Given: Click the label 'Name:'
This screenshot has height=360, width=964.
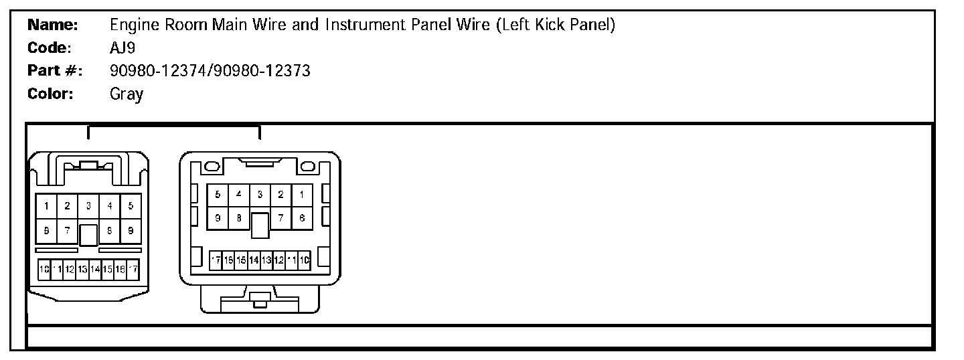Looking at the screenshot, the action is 53,25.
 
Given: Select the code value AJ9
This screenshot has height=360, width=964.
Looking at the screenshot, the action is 123,48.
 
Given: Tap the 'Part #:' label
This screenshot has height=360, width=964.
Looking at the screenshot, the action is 55,71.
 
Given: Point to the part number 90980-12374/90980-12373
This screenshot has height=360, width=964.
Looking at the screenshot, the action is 210,71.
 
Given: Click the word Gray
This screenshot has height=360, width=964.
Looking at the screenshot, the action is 127,94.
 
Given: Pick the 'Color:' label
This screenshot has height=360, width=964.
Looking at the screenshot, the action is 50,94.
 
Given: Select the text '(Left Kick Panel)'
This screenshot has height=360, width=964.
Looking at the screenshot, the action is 556,25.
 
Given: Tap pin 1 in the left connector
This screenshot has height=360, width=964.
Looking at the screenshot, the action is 46,206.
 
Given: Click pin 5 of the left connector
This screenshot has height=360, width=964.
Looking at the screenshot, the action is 131,206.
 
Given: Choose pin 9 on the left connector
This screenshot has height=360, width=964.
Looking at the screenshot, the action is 131,230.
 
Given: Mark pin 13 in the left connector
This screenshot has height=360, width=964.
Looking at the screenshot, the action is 82,269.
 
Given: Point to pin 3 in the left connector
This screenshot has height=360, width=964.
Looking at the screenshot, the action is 88,206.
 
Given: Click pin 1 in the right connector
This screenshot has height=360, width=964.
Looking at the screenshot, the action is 302,195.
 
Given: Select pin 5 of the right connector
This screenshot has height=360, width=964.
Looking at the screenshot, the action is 218,195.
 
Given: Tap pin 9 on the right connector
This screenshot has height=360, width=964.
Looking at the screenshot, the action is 218,218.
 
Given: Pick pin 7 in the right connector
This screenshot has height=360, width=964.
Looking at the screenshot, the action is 281,218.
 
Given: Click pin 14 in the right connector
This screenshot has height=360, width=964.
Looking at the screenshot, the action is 254,260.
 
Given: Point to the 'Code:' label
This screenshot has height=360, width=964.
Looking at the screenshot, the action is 50,48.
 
